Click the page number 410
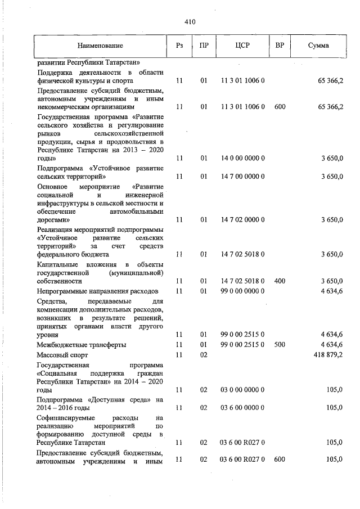click(x=189, y=22)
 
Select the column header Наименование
click(x=101, y=44)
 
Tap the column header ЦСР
click(x=243, y=44)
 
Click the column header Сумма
click(x=318, y=44)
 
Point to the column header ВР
click(x=280, y=44)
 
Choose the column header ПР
click(x=203, y=44)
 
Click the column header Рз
click(x=179, y=44)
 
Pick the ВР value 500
click(x=280, y=344)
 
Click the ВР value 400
click(x=280, y=281)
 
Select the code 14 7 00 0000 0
click(x=243, y=177)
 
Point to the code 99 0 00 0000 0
click(x=243, y=291)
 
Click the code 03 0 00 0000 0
click(x=243, y=389)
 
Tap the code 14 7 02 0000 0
click(x=243, y=220)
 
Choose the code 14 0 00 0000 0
click(x=243, y=159)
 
